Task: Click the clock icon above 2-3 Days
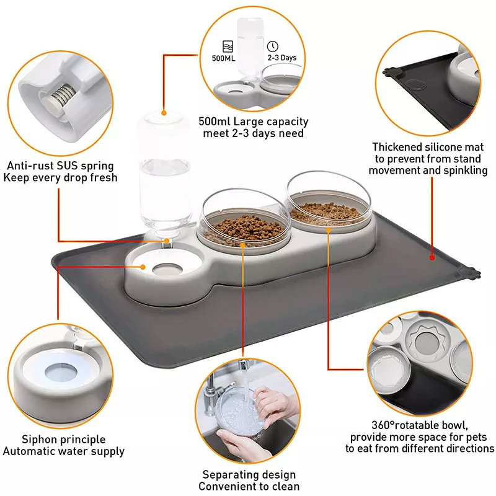pos(272,46)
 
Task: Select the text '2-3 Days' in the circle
pos(281,58)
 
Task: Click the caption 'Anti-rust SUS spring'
pos(60,166)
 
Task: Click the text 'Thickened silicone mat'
pos(427,147)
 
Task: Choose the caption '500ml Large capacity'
pos(254,122)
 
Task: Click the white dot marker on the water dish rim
pos(143,268)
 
